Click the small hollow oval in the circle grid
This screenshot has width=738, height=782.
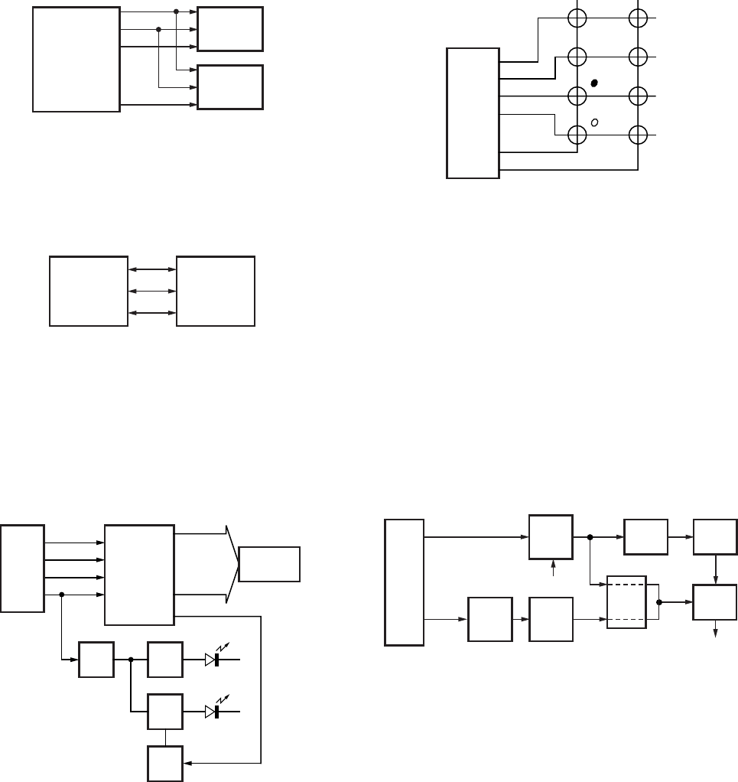point(594,122)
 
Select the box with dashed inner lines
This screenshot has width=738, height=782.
point(627,601)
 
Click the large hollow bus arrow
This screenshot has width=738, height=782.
point(230,564)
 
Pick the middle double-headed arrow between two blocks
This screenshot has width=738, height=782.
point(152,291)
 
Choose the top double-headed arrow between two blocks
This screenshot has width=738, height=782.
point(152,269)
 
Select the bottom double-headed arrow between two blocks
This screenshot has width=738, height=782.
point(152,313)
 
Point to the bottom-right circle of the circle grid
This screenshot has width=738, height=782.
point(638,135)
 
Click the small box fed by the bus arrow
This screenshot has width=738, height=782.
point(270,564)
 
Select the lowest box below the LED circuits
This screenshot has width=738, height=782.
point(165,761)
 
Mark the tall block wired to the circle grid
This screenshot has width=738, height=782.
point(473,113)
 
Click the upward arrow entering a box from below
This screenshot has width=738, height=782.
point(551,568)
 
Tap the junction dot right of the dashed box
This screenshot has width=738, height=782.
point(659,601)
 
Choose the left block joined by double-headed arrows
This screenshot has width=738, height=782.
point(89,292)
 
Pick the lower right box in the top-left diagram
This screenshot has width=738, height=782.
point(230,87)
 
